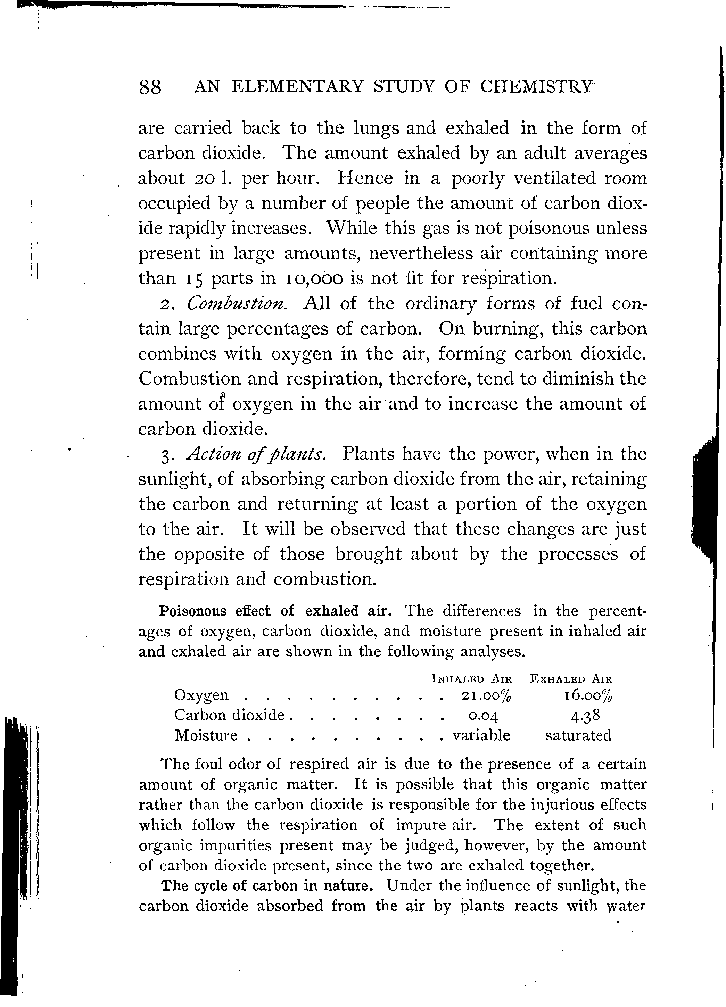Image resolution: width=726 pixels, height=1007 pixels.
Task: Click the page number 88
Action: (x=150, y=88)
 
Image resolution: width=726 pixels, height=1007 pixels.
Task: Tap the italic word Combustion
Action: (x=238, y=304)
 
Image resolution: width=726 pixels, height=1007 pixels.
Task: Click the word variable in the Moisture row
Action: (x=481, y=735)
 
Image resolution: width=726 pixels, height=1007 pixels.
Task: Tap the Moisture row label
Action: (x=206, y=736)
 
